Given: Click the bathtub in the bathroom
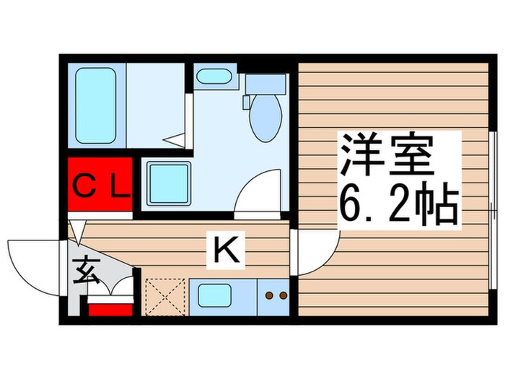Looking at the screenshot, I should pos(97,105).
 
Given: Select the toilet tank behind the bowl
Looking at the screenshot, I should pos(266,84).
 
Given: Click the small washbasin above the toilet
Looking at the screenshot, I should pos(214,77).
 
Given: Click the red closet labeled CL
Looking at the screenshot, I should pos(101,187).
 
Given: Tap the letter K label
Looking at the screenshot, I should pos(226,251).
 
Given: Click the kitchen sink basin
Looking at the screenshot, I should pos(215,296).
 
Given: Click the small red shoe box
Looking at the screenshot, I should pos(110,309).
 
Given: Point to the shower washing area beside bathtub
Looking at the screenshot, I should pos(153,105).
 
